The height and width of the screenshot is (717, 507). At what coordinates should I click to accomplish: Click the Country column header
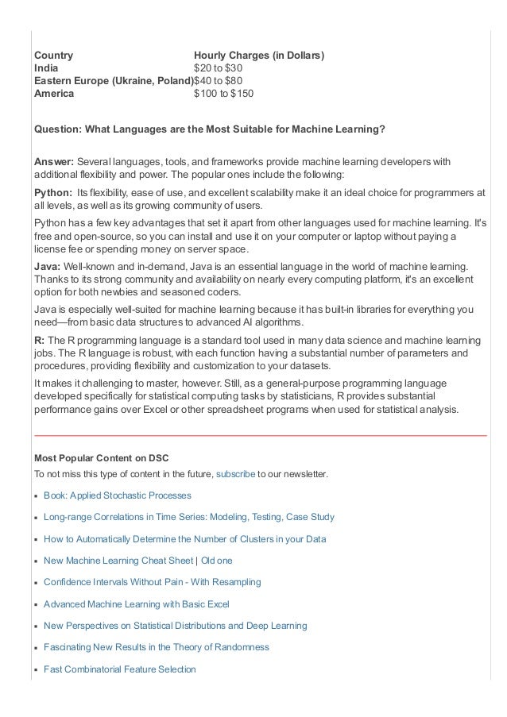[x=53, y=56]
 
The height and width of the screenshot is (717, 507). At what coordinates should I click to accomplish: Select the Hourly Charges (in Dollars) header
[x=259, y=56]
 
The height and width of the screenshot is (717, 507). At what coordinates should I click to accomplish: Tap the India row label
[x=46, y=68]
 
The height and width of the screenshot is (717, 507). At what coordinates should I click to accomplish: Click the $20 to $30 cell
[x=218, y=68]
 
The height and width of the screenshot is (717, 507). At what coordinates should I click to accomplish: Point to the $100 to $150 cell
[x=224, y=94]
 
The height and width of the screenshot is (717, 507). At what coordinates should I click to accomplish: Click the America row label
[x=54, y=94]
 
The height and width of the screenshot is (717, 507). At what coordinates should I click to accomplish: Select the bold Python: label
[x=52, y=192]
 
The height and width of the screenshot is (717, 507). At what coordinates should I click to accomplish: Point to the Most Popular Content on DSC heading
[x=101, y=458]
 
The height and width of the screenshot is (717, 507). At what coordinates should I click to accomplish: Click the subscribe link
[x=235, y=474]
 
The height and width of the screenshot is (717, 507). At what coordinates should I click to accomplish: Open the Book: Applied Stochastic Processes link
[x=118, y=495]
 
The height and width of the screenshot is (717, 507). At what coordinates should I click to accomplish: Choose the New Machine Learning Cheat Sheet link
[x=118, y=561]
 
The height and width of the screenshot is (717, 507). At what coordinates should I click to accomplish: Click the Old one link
[x=217, y=561]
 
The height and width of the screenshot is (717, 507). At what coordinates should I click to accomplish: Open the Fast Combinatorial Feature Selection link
[x=119, y=669]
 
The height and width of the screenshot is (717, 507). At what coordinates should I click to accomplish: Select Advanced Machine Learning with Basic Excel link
[x=136, y=604]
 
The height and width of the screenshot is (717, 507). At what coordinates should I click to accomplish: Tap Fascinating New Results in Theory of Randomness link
[x=157, y=647]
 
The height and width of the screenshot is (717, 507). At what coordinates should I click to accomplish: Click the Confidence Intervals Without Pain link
[x=152, y=582]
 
